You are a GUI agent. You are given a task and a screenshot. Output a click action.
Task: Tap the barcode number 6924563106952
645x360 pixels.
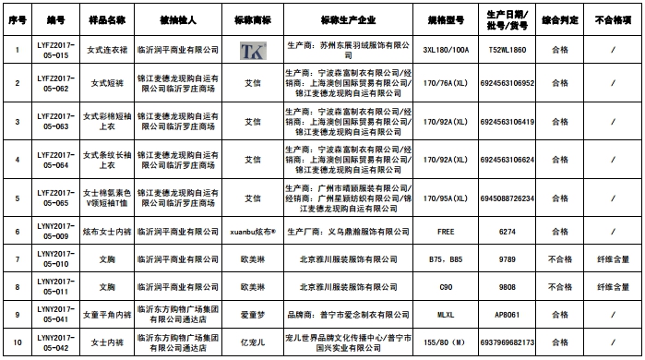(x=506, y=83)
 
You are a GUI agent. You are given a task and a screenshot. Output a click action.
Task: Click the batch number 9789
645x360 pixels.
(x=506, y=259)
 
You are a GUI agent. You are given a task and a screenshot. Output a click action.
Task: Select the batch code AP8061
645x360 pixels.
(x=506, y=314)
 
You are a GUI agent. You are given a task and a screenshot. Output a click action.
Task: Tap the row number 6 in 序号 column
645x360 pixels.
(x=17, y=231)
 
